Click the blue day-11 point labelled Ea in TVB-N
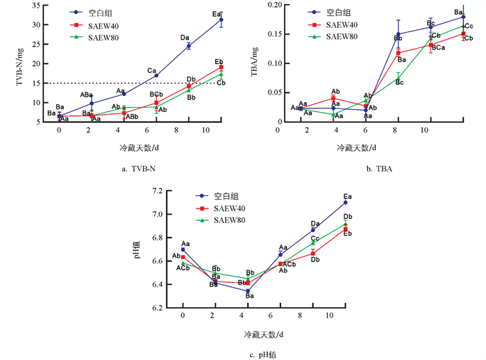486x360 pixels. coord(221,19)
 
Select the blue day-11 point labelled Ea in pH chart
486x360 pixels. coord(346,202)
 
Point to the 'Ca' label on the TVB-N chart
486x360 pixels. coord(151,70)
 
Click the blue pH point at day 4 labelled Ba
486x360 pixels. coord(248,291)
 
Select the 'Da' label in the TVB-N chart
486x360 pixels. coord(185,38)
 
